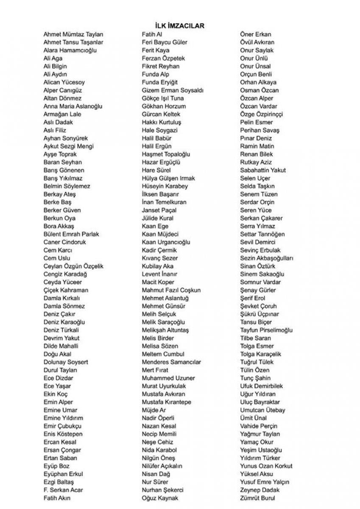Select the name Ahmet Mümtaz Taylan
click(x=73, y=34)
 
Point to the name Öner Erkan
click(x=255, y=34)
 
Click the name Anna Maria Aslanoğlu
click(x=73, y=106)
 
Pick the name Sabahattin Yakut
click(x=263, y=170)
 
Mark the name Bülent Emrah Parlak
click(x=72, y=234)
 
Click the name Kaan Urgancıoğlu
click(x=166, y=242)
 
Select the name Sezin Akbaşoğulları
click(x=266, y=258)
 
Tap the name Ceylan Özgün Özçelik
click(x=73, y=266)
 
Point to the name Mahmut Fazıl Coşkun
click(x=171, y=290)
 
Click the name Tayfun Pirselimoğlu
click(x=266, y=330)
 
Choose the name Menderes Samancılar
click(x=171, y=362)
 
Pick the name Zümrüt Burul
click(x=257, y=498)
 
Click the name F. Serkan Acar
click(x=63, y=490)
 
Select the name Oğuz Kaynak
click(x=160, y=498)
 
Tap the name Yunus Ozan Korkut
click(x=266, y=466)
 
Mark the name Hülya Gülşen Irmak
click(x=169, y=178)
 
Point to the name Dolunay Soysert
click(x=66, y=362)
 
